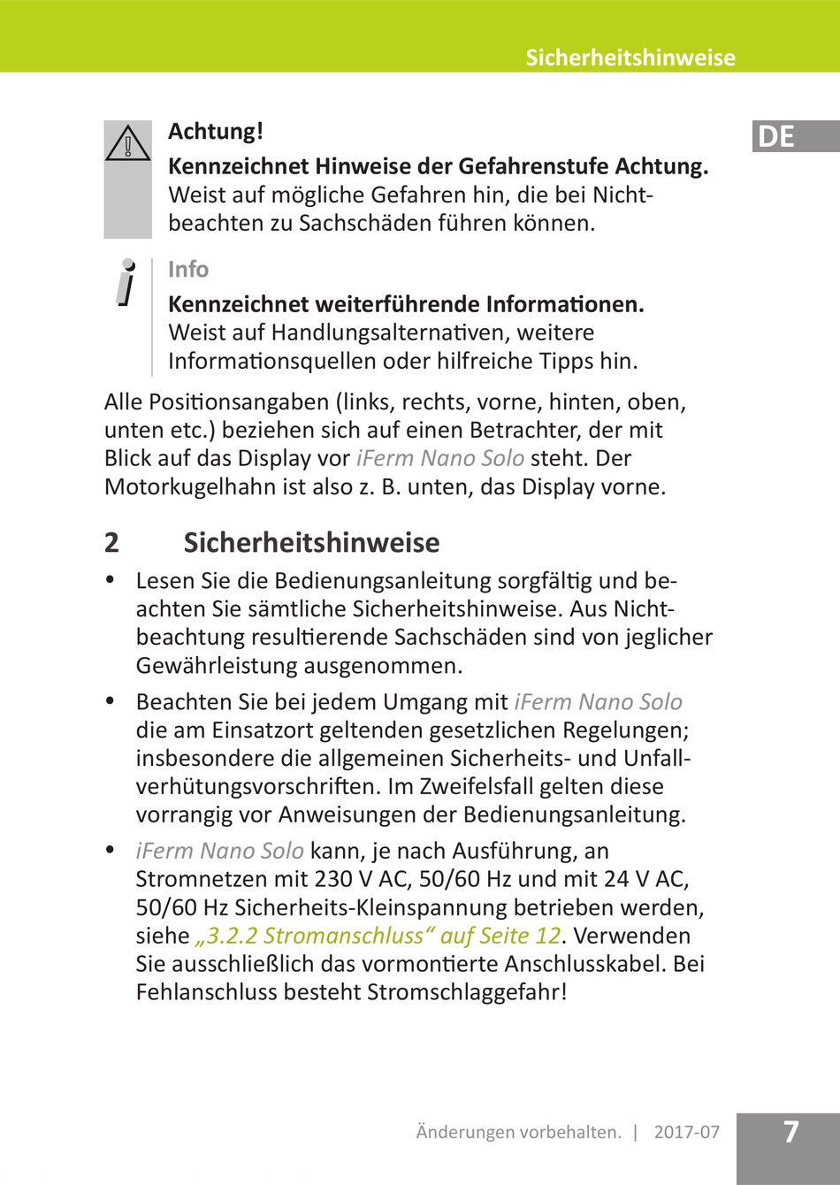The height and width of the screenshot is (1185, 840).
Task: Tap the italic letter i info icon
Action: coord(127,283)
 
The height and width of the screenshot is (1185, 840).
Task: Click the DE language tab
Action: coord(776,137)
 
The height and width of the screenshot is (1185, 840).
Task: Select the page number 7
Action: coord(790,1132)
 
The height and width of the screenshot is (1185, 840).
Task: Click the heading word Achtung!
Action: coord(216,132)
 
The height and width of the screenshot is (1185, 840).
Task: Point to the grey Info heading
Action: coord(188,270)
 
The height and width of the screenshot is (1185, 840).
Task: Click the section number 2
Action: coord(111,542)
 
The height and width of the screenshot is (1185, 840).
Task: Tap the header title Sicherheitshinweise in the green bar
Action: coord(630,58)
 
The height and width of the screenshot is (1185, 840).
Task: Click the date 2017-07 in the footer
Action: coord(687,1132)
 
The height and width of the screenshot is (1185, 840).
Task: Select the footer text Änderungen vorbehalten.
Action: coord(519,1132)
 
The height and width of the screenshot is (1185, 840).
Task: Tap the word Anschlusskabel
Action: coord(578,964)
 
